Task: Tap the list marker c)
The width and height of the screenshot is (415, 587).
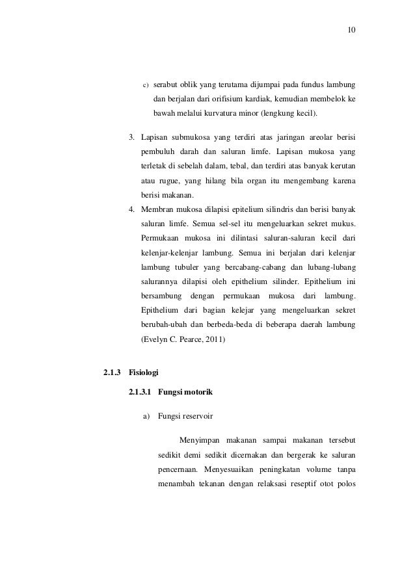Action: coord(146,85)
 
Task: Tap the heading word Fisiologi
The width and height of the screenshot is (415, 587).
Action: coord(143,373)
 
